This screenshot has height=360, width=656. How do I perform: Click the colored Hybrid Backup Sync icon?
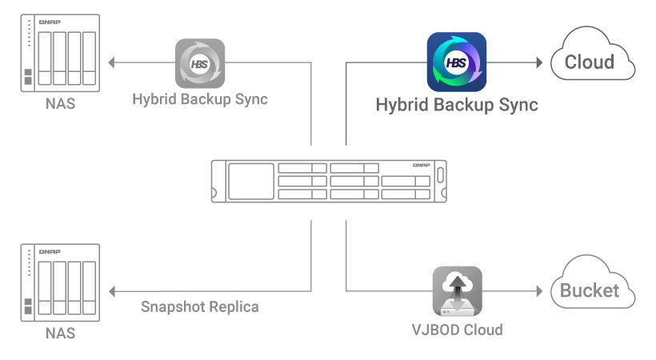pyautogui.click(x=457, y=62)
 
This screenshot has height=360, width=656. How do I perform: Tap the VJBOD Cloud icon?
pyautogui.click(x=457, y=290)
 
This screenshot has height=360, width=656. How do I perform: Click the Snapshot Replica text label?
pyautogui.click(x=200, y=306)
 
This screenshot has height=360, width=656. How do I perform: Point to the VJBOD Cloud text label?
pyautogui.click(x=457, y=329)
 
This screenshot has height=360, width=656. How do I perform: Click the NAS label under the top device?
pyautogui.click(x=61, y=104)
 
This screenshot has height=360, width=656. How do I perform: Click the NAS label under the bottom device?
pyautogui.click(x=61, y=332)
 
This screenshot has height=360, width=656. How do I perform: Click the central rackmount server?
pyautogui.click(x=328, y=181)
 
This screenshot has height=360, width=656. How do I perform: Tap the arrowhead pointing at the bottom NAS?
pyautogui.click(x=111, y=290)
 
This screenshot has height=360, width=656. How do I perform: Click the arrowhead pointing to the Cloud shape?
pyautogui.click(x=542, y=62)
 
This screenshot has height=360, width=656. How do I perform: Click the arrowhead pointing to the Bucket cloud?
pyautogui.click(x=542, y=290)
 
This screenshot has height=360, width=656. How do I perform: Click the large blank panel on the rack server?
pyautogui.click(x=250, y=182)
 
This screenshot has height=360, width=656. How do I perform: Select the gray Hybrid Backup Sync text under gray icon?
pyautogui.click(x=200, y=100)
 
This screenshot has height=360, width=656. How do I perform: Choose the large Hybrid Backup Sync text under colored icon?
pyautogui.click(x=457, y=105)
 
